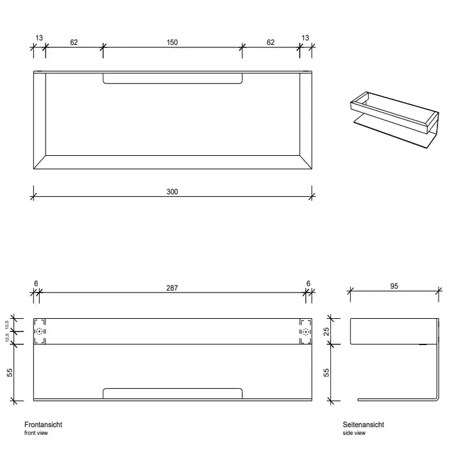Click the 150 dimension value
pyautogui.click(x=172, y=42)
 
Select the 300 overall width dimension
pyautogui.click(x=172, y=192)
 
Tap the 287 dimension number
pyautogui.click(x=172, y=288)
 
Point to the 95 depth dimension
pyautogui.click(x=394, y=286)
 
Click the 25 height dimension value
pyautogui.click(x=326, y=331)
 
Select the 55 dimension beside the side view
pyautogui.click(x=326, y=372)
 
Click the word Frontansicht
pyautogui.click(x=43, y=425)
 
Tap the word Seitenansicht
pyautogui.click(x=363, y=425)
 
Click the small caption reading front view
pyautogui.click(x=35, y=433)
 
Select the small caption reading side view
pyautogui.click(x=353, y=433)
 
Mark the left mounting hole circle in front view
pyautogui.click(x=39, y=332)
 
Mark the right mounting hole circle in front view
pyautogui.click(x=305, y=332)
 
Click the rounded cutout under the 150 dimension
pyautogui.click(x=173, y=78)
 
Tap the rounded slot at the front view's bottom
pyautogui.click(x=173, y=393)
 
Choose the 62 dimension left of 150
pyautogui.click(x=74, y=42)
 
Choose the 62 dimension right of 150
pyautogui.click(x=270, y=42)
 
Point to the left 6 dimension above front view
pyautogui.click(x=35, y=282)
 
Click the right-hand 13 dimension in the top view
pyautogui.click(x=305, y=38)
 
